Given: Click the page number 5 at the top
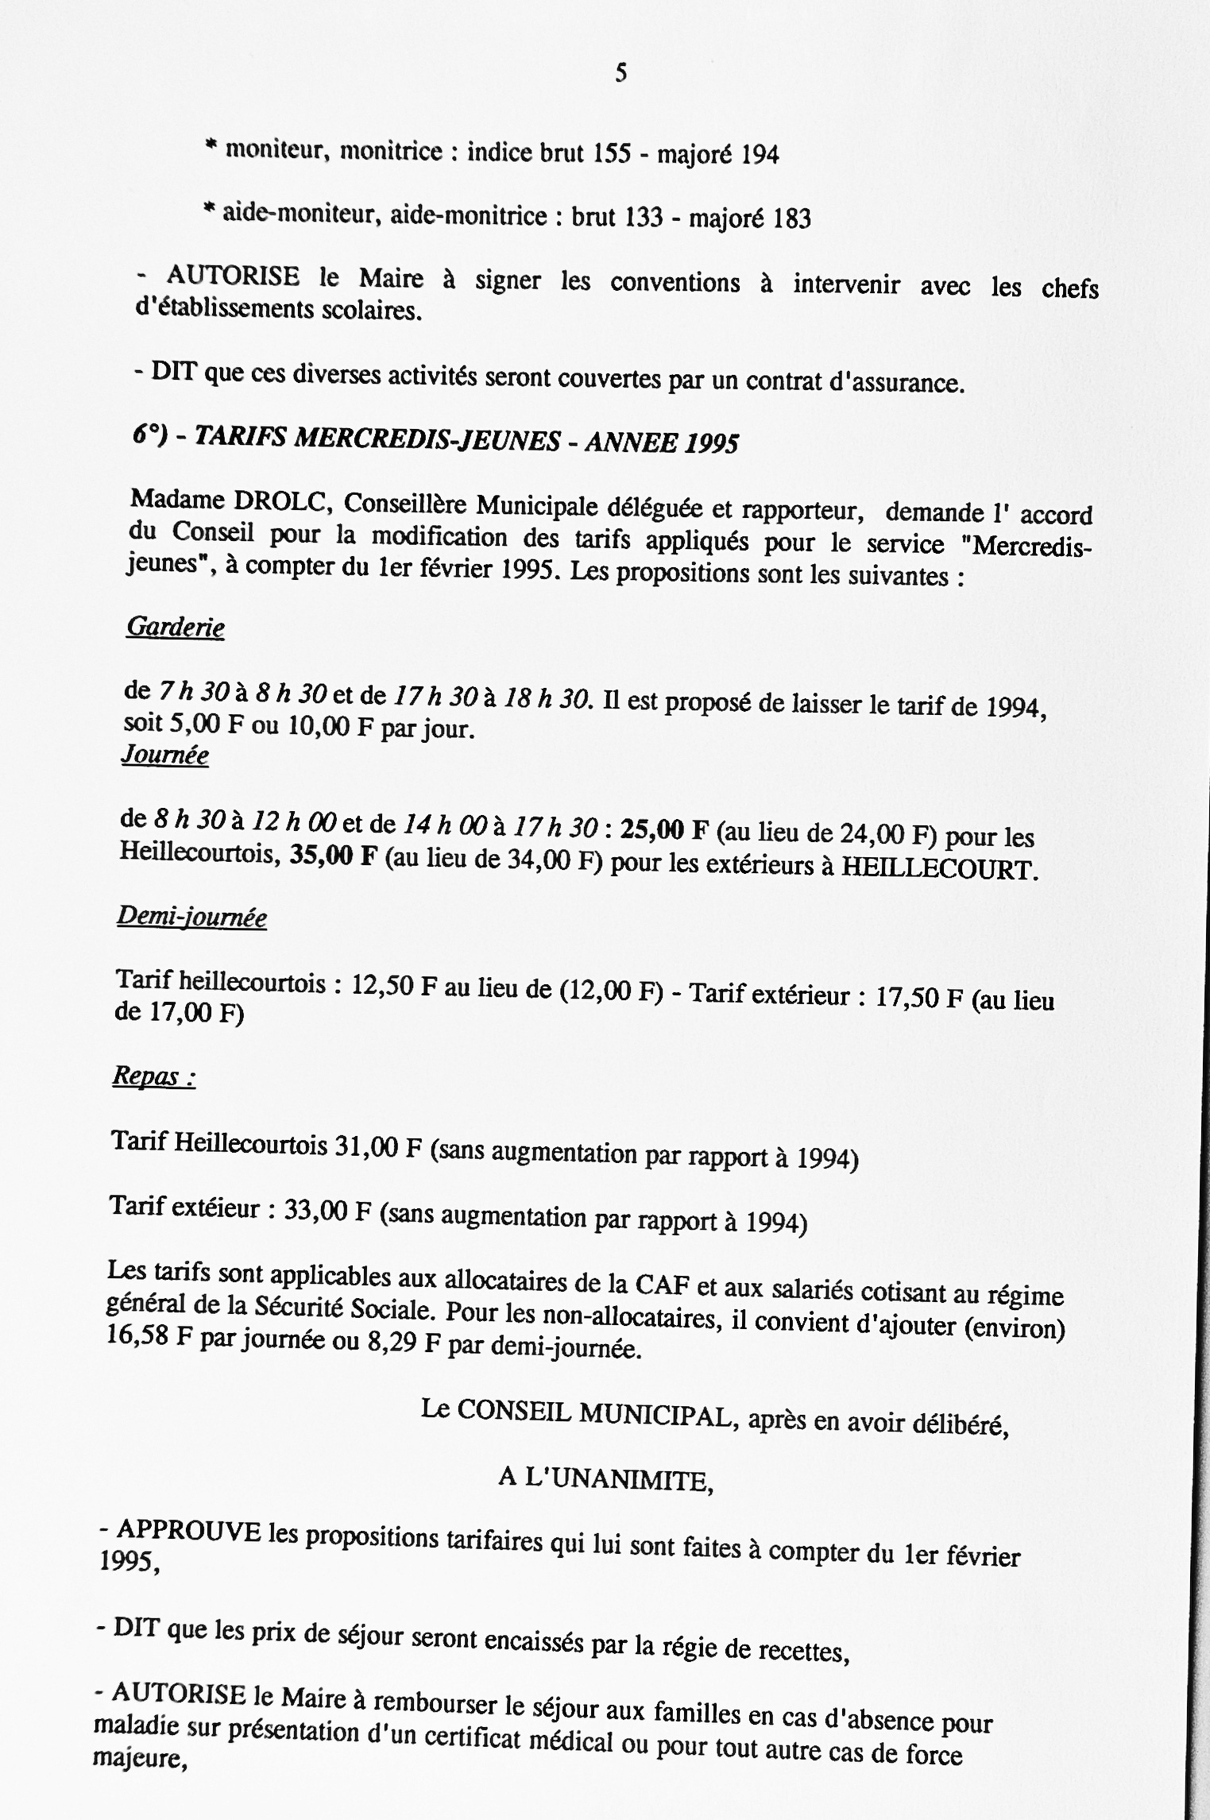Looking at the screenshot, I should click(x=621, y=74).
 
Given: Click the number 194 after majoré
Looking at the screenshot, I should click(x=760, y=155).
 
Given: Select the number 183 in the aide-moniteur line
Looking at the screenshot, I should click(x=791, y=218).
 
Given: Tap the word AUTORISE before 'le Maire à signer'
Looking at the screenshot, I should click(x=233, y=276).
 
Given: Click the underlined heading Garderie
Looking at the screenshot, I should click(x=176, y=628).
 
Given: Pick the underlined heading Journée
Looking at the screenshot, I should click(x=165, y=754).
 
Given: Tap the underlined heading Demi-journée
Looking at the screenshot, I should click(x=191, y=918).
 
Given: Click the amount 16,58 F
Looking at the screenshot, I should click(x=149, y=1337).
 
